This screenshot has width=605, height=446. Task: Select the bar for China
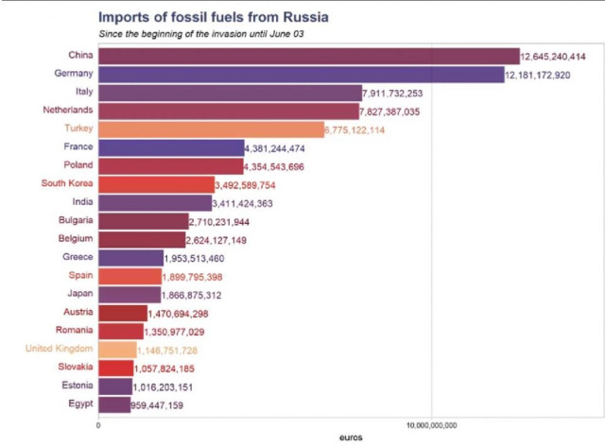tap(309, 57)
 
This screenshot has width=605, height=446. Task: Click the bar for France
tap(171, 147)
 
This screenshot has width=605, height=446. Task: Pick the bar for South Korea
tap(156, 184)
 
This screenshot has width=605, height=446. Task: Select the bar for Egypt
tap(114, 405)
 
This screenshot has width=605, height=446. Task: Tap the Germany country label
tap(73, 73)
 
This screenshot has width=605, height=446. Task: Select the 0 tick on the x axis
tap(99, 424)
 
